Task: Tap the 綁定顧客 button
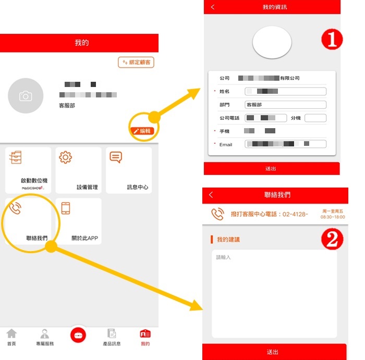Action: [136, 63]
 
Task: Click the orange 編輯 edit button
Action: [141, 131]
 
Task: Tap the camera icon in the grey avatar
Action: [26, 96]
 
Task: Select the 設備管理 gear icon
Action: [66, 157]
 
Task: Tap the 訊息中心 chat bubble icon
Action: [116, 157]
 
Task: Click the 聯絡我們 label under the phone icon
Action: [36, 238]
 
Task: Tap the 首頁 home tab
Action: [11, 337]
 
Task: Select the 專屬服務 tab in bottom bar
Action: [45, 337]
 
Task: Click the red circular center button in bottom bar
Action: [79, 335]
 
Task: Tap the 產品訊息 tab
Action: [112, 337]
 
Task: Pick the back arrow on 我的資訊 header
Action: [213, 7]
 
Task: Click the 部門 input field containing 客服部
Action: [285, 105]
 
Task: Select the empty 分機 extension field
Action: [315, 118]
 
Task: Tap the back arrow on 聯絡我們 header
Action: [211, 195]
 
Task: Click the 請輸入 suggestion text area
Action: [274, 292]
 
